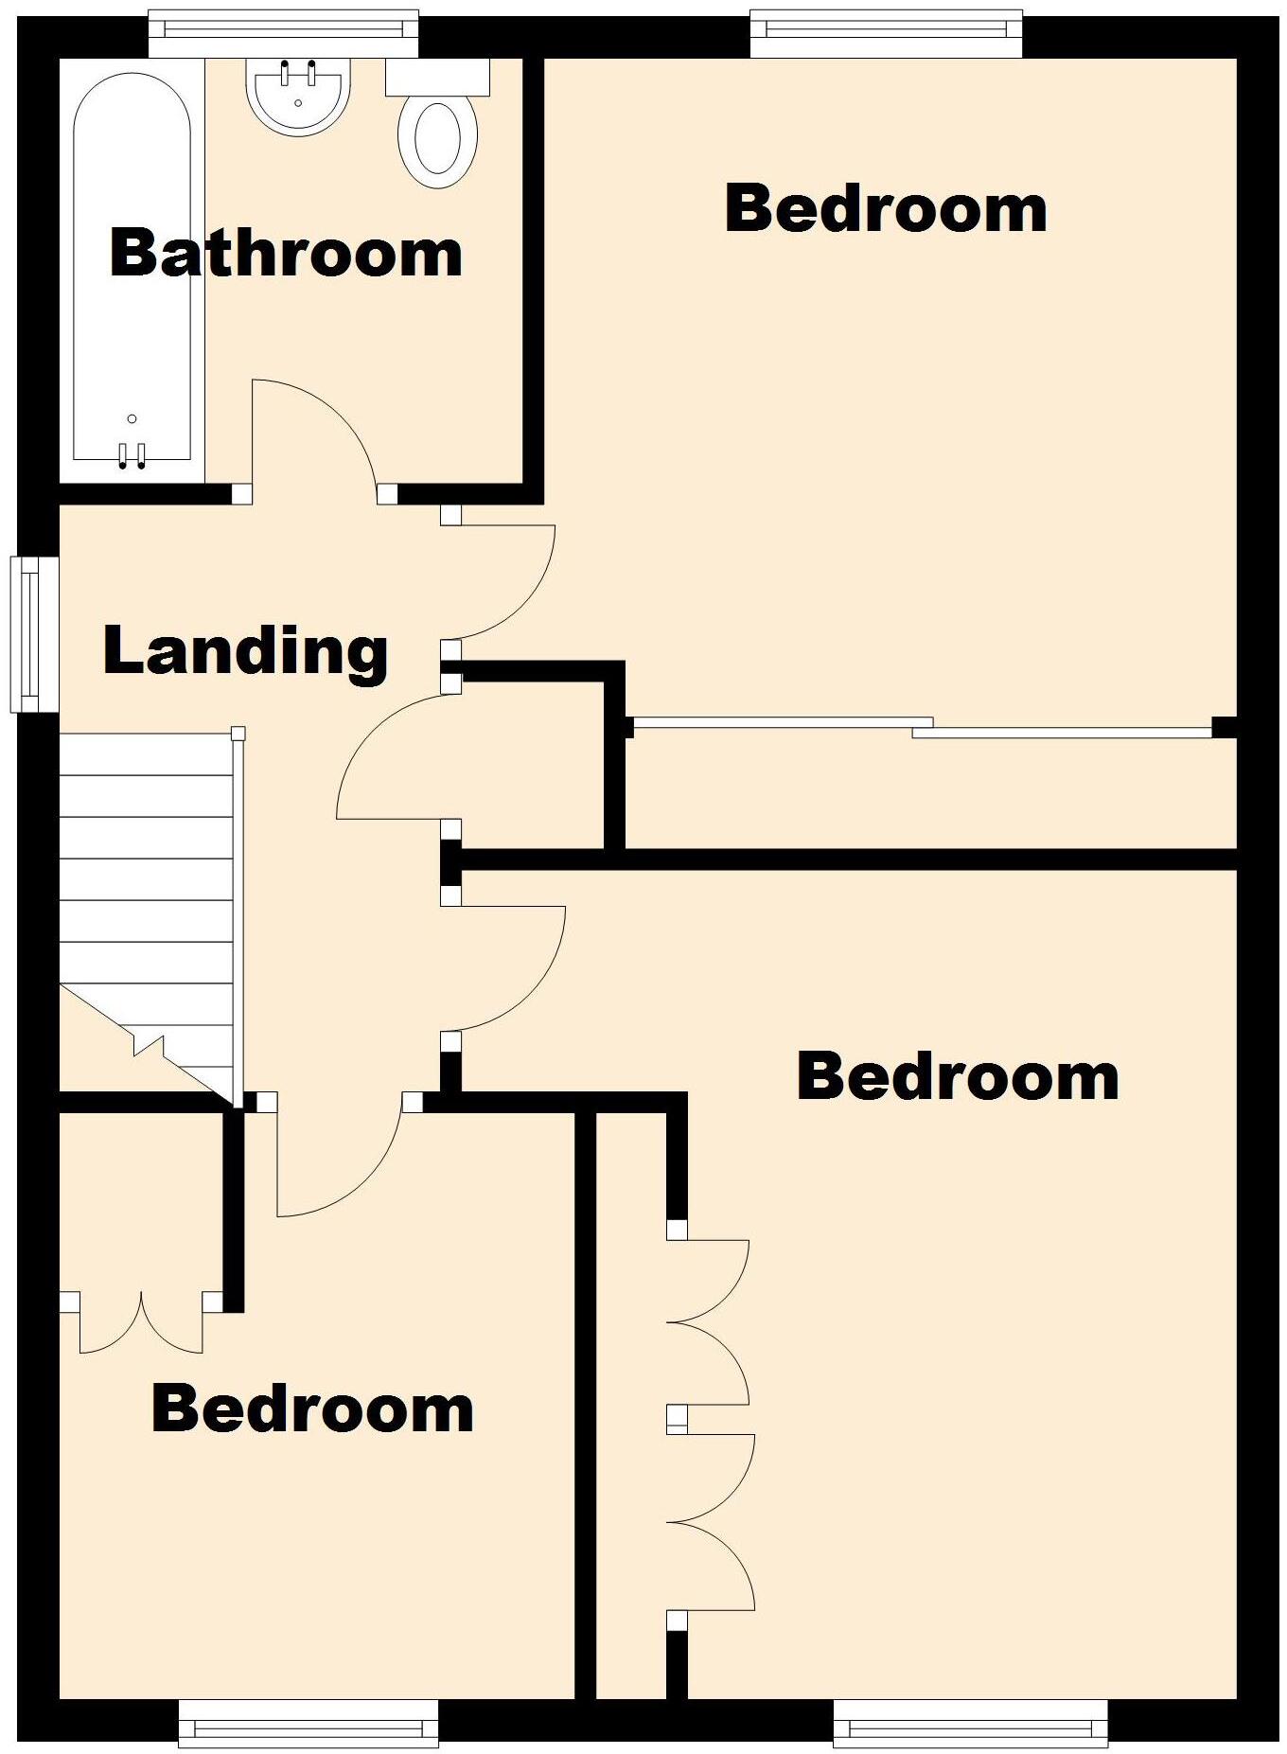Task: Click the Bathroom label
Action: point(286,254)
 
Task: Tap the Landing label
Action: point(245,651)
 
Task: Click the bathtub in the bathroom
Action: point(132,271)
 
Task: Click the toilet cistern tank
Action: point(437,77)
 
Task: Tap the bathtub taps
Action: point(132,455)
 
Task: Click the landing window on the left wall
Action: point(34,633)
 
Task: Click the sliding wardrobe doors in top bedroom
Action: point(923,727)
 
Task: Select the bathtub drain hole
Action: point(132,418)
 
